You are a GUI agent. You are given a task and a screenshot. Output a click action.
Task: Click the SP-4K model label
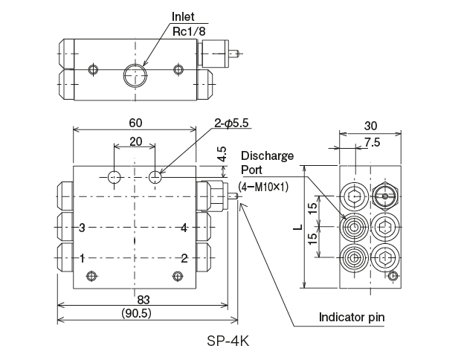click(x=230, y=344)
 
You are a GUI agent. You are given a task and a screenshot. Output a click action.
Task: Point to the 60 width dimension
click(x=135, y=123)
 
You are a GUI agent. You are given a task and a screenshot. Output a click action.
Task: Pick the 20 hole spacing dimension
click(x=135, y=141)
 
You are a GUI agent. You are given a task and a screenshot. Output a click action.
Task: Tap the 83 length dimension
click(x=143, y=299)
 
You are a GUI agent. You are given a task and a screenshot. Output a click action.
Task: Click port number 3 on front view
click(x=83, y=228)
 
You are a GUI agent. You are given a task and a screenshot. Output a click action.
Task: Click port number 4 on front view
click(x=183, y=228)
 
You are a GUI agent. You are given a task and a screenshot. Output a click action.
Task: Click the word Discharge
click(x=267, y=156)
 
